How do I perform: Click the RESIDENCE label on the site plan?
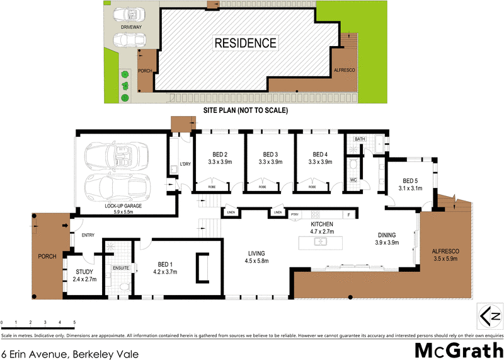[x=246, y=44]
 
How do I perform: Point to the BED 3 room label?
[x=270, y=154]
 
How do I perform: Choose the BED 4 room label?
[x=321, y=154]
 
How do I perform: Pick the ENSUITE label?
[x=120, y=268]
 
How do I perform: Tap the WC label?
[x=353, y=180]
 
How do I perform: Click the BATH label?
[x=360, y=139]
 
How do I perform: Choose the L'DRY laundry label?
[x=185, y=165]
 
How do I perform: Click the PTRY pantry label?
[x=295, y=214]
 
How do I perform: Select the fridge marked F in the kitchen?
[x=348, y=214]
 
